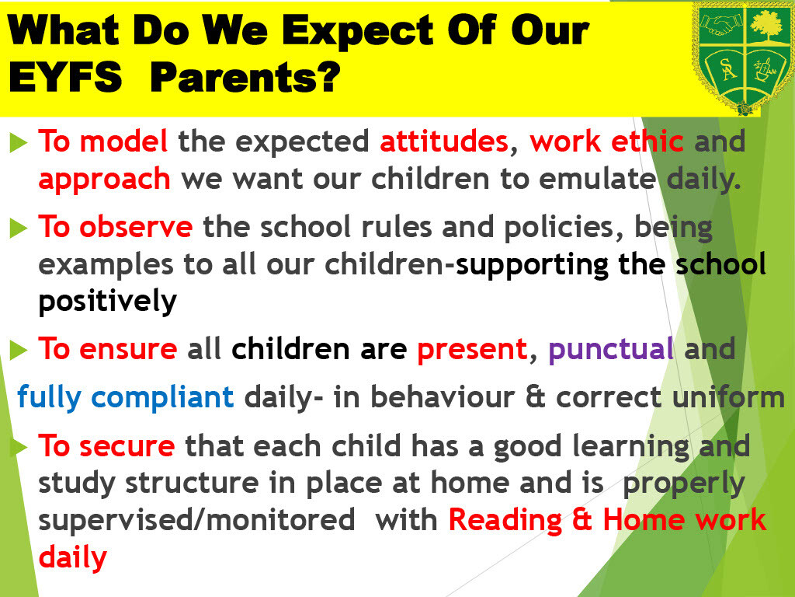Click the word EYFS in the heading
point(65,77)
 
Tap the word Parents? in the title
point(245,77)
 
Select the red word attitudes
point(444,141)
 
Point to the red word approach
point(105,180)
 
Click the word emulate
point(597,178)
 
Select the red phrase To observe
point(116,226)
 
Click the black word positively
point(107,302)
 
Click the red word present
point(472,350)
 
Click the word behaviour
point(443,397)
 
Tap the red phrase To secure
point(106,446)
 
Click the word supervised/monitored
point(196,520)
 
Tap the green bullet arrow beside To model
point(19,142)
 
